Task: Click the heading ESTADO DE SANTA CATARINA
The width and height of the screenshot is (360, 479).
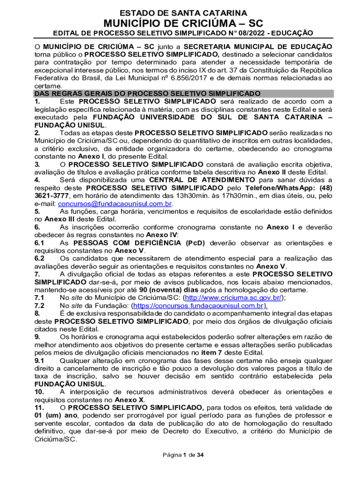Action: coord(184,13)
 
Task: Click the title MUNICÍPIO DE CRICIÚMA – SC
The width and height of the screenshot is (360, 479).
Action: coord(184,23)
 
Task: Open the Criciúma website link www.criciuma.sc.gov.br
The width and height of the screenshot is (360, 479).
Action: coord(234,297)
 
